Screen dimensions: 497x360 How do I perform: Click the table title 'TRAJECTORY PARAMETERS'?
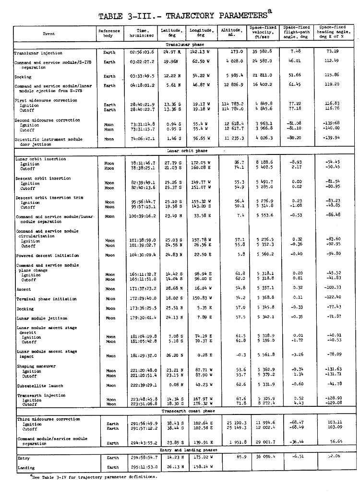[192, 15]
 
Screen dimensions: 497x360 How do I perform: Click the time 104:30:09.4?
[143, 255]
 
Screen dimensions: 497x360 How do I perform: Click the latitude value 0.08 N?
[171, 385]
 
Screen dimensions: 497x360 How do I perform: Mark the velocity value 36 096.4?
[264, 458]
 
